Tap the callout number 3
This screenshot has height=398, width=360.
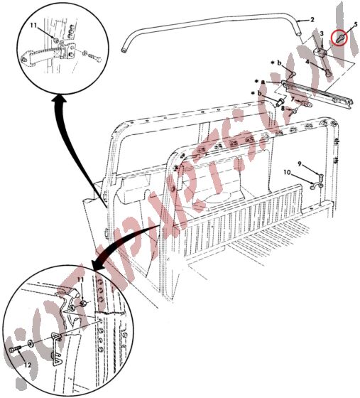322,33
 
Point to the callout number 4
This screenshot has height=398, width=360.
307,64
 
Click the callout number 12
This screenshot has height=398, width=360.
28,366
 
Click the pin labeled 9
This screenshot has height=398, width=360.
321,174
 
